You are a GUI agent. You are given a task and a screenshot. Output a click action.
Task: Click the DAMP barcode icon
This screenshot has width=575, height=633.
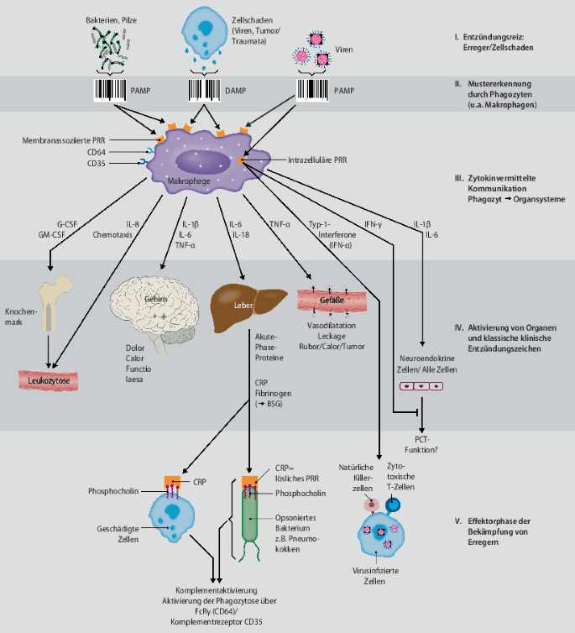pos(204,90)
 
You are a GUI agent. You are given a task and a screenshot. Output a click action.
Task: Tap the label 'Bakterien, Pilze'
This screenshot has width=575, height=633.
pos(111,20)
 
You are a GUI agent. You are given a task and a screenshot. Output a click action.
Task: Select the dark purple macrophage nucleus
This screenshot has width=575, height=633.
pos(203,162)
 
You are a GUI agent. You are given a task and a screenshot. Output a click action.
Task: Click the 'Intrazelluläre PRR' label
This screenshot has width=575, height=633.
pos(317,160)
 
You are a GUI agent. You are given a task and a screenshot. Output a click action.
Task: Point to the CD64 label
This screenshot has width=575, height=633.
pos(96,152)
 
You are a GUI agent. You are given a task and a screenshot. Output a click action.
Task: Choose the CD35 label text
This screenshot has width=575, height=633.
pos(96,164)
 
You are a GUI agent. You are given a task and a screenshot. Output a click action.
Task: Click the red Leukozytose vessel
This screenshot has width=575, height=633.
pos(49,380)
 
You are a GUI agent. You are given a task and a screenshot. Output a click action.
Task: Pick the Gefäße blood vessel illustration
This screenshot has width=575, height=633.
pos(332,301)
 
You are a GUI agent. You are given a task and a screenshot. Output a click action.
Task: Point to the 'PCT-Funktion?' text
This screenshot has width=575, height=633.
pos(421,444)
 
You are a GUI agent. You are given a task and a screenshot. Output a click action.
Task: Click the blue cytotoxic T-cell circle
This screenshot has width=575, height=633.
pos(393,505)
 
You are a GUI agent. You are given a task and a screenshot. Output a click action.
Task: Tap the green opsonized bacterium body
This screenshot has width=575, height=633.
pos(249,515)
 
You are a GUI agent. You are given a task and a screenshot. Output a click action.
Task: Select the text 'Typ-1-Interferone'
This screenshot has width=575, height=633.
pos(332,229)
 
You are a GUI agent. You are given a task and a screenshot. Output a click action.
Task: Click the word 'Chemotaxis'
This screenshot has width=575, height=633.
pos(112,234)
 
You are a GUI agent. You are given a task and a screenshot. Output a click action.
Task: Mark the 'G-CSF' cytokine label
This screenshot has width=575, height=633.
pos(66,224)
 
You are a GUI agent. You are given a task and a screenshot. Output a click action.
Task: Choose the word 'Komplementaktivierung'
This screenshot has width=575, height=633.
pos(217,590)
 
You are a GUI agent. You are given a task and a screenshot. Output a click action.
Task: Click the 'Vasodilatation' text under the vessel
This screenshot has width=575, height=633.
pos(332,326)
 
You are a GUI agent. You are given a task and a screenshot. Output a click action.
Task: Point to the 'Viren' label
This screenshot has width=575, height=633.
pos(344,50)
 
